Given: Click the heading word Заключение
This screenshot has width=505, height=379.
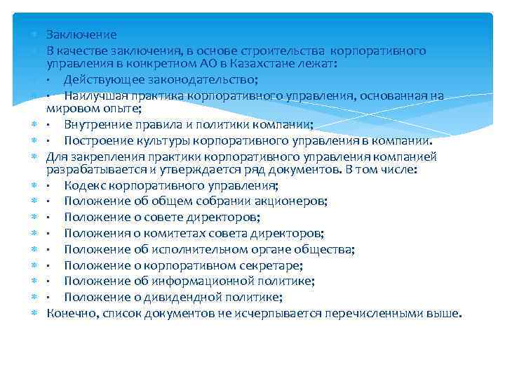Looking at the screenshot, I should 81,34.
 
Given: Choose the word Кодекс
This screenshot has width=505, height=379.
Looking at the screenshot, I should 83,186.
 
